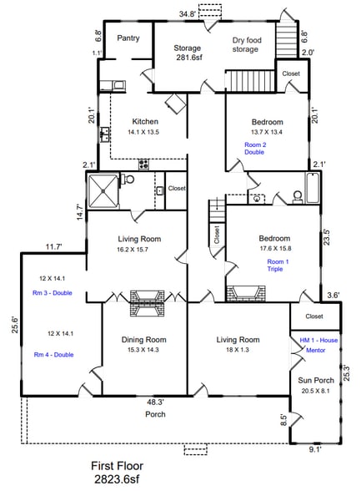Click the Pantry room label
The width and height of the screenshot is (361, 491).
[x=128, y=38]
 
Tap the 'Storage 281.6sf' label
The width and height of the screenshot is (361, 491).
[x=187, y=53]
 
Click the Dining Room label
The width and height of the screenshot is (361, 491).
[x=143, y=339]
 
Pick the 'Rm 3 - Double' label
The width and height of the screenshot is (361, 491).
[x=53, y=295]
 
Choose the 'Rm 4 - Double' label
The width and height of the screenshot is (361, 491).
[x=53, y=354]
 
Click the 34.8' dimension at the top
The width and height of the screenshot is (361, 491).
[x=188, y=13]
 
